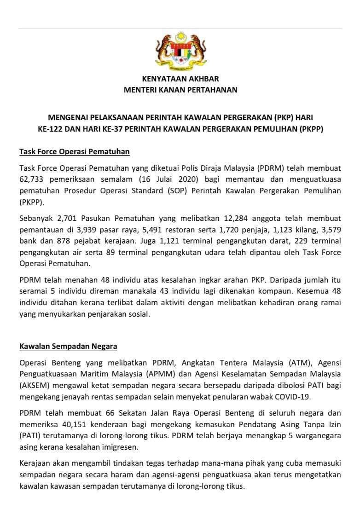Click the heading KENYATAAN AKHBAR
click(180, 79)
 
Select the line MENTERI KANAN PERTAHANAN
click(180, 90)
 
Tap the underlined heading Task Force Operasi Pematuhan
click(75, 151)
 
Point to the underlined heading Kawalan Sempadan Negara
click(68, 346)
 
